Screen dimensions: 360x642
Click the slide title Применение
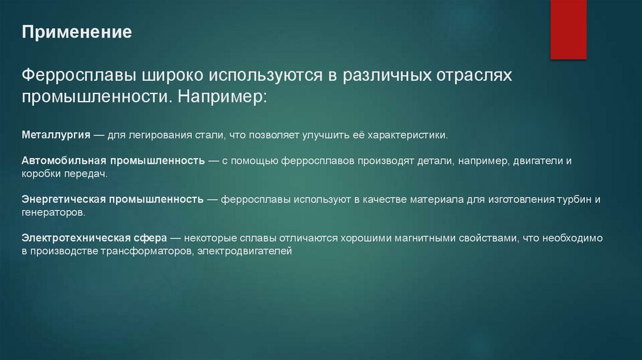[x=77, y=33]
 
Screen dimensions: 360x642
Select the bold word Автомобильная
[x=60, y=161]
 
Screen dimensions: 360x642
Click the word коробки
[x=41, y=174]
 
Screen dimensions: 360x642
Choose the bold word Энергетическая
[x=63, y=199]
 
